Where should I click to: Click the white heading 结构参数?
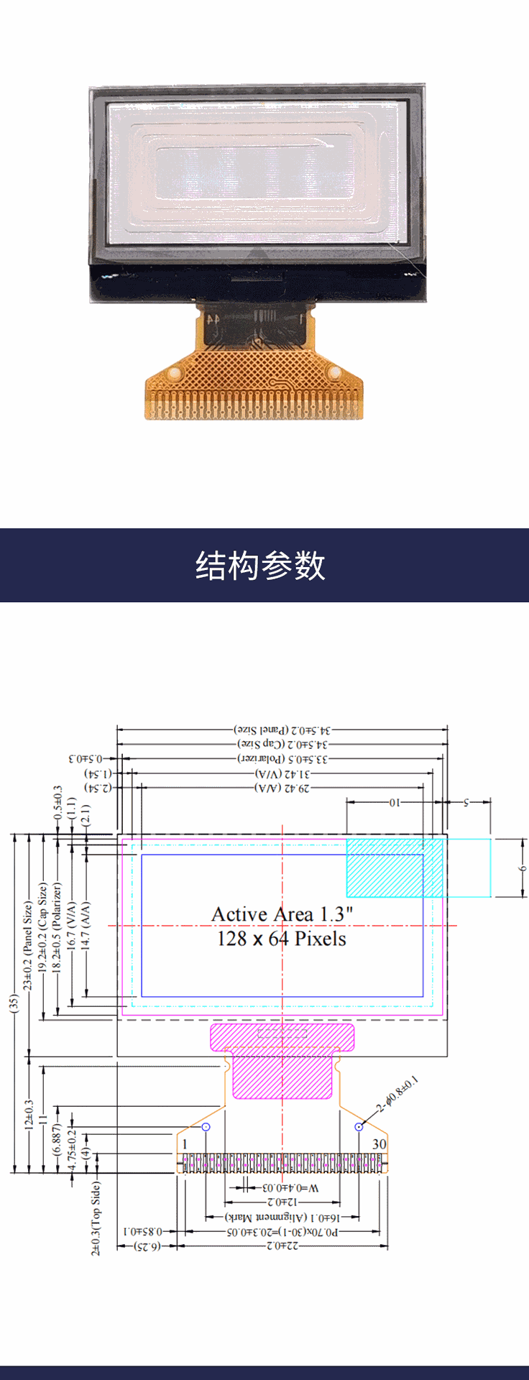[260, 566]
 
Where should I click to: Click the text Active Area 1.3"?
[282, 914]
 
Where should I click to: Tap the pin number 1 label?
[185, 1144]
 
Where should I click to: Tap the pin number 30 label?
[379, 1144]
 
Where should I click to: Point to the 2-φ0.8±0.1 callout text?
[397, 1095]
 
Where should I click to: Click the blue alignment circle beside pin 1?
[206, 1127]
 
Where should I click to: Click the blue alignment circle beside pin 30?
[359, 1127]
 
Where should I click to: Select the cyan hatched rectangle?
[395, 868]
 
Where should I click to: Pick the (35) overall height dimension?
[13, 1003]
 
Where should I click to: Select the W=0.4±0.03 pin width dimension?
[290, 1188]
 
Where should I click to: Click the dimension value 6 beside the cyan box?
[523, 868]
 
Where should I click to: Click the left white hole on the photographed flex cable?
[173, 374]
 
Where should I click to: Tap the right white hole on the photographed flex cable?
[334, 372]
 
